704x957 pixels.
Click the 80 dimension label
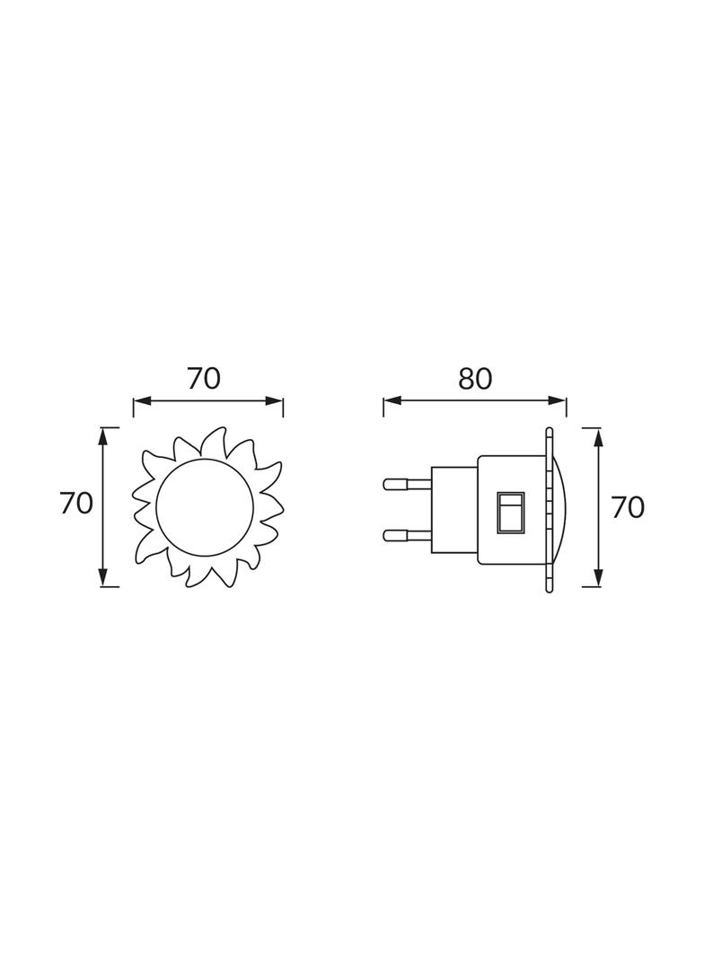click(x=475, y=380)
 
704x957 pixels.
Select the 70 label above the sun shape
click(x=204, y=379)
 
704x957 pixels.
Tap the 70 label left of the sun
click(x=76, y=504)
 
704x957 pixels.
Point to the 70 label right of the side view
click(x=628, y=507)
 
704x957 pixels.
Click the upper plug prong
click(x=406, y=484)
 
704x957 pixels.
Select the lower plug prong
click(x=406, y=536)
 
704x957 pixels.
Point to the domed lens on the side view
click(x=560, y=508)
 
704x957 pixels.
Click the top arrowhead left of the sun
click(x=104, y=435)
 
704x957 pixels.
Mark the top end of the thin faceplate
click(x=549, y=433)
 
